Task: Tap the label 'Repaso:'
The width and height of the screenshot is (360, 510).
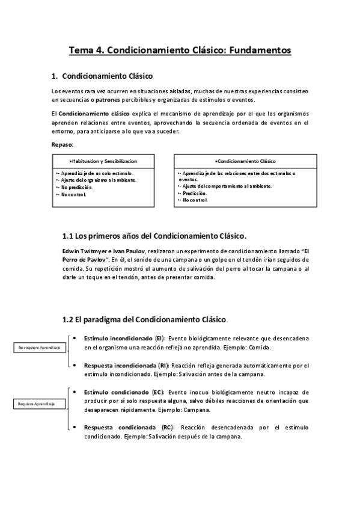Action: [x=63, y=144]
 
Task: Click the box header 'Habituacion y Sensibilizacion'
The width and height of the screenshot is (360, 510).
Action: [x=103, y=161]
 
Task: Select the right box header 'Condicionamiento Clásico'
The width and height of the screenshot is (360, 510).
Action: [x=245, y=161]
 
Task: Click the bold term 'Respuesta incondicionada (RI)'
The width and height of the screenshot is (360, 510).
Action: [x=126, y=365]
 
